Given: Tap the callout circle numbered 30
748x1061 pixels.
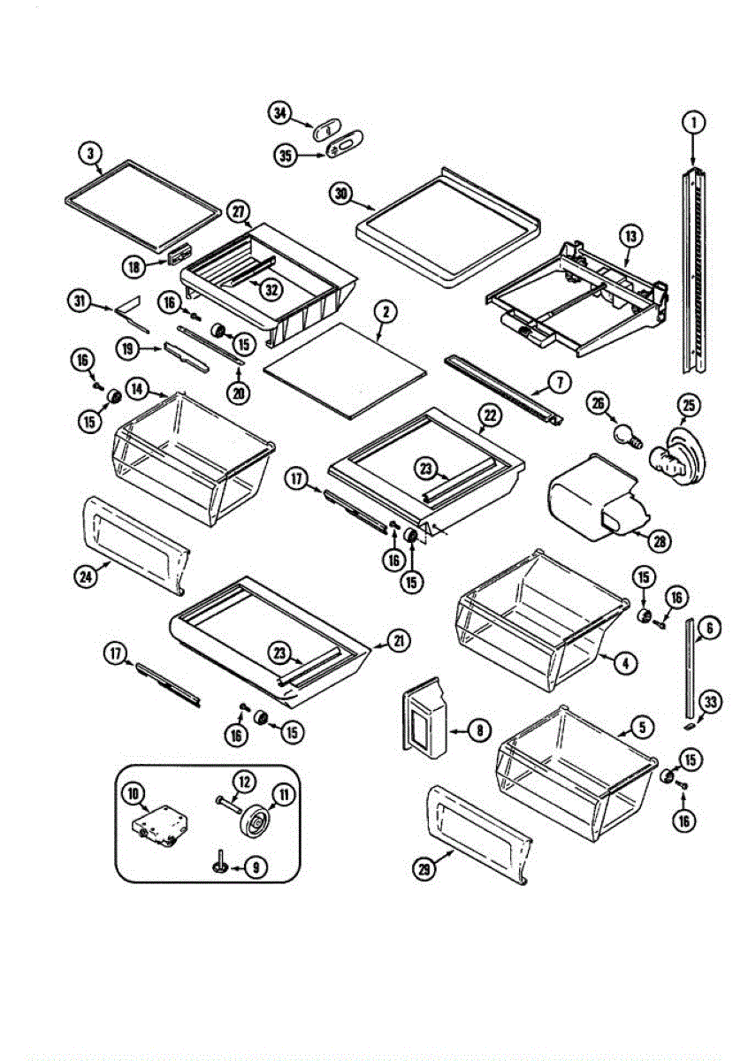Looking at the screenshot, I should pyautogui.click(x=341, y=193).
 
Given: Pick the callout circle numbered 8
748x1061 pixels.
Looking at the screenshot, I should pyautogui.click(x=478, y=731).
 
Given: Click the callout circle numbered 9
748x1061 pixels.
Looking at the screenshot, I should pyautogui.click(x=255, y=868).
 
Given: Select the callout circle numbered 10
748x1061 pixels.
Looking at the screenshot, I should pyautogui.click(x=135, y=795).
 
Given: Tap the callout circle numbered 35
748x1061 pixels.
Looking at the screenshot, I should pyautogui.click(x=286, y=156).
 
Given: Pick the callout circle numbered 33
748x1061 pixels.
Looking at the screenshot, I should pyautogui.click(x=710, y=702).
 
